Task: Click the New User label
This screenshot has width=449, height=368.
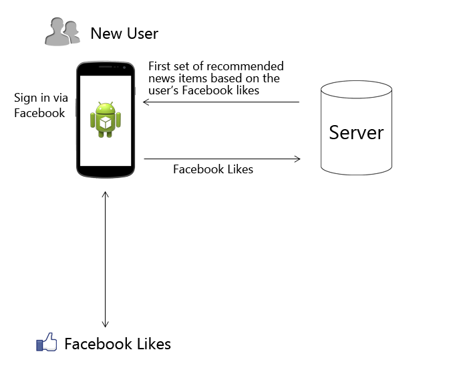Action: [x=124, y=33]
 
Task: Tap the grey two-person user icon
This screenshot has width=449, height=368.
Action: [x=62, y=31]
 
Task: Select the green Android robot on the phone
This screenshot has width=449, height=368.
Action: [x=106, y=120]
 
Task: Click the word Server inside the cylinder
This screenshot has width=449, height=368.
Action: [x=356, y=132]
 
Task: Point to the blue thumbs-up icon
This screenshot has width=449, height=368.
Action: [x=46, y=342]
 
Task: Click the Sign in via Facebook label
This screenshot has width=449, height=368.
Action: [x=41, y=105]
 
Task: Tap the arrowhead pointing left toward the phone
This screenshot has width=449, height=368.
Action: [x=146, y=102]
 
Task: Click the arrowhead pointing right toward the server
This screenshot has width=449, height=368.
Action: [x=297, y=159]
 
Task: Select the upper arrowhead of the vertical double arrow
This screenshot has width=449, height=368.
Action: [x=106, y=195]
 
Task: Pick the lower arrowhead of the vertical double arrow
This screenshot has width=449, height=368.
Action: [x=106, y=324]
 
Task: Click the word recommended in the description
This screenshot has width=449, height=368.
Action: [x=245, y=66]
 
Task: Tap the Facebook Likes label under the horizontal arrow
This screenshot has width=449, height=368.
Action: [x=213, y=169]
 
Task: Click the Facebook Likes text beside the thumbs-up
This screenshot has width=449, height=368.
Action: [x=118, y=344]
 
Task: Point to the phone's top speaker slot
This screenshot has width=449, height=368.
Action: [x=105, y=67]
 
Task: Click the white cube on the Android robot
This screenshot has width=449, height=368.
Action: [x=106, y=123]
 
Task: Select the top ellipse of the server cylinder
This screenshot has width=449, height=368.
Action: [x=356, y=90]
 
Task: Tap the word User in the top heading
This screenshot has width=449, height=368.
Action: [x=142, y=33]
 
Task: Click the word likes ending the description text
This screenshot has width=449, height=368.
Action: [x=248, y=90]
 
